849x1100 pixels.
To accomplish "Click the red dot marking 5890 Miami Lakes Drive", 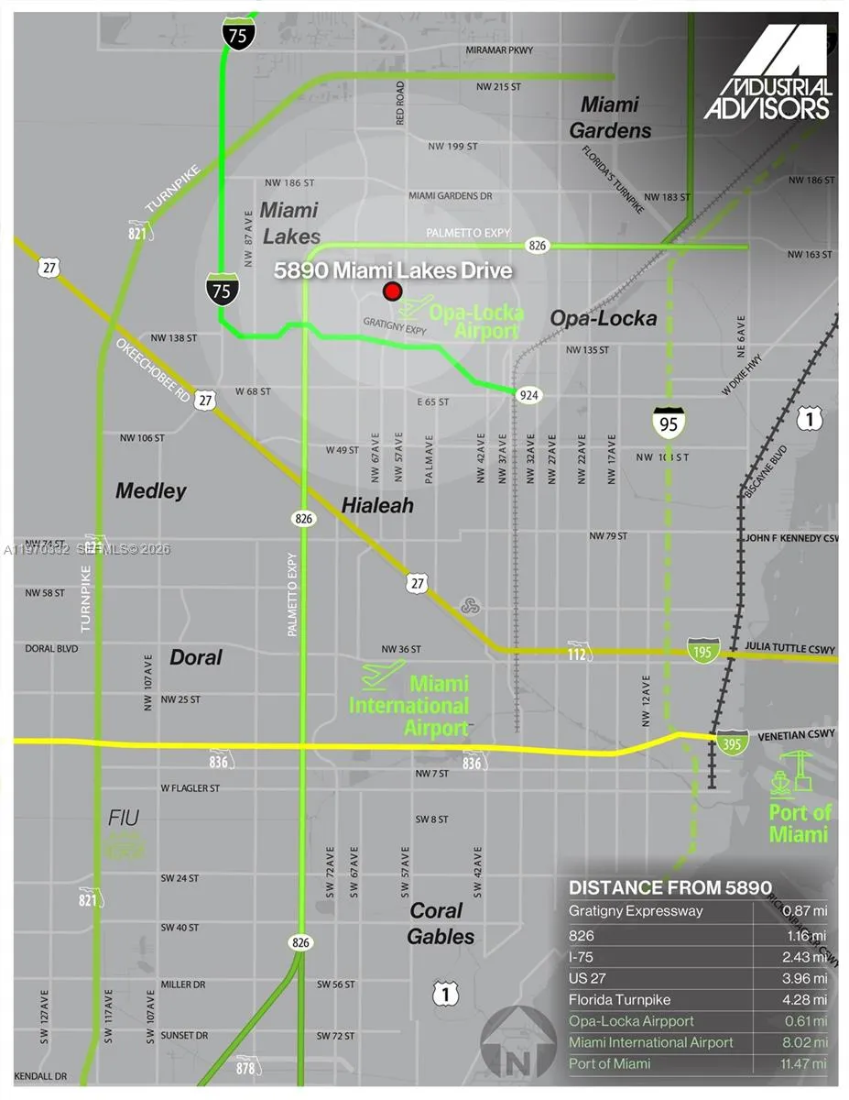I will [392, 291].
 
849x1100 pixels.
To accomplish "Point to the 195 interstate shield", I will [703, 650].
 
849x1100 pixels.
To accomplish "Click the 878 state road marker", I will [246, 1067].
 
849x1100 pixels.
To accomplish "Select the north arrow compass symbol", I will [517, 1043].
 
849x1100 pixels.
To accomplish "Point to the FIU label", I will [125, 818].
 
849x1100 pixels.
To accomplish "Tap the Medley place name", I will [151, 491].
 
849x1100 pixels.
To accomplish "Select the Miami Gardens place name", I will [610, 117].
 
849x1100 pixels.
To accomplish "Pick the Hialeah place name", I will [377, 505].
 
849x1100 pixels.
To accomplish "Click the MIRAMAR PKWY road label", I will [499, 49].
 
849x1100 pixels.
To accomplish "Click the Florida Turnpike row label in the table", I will [619, 999].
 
